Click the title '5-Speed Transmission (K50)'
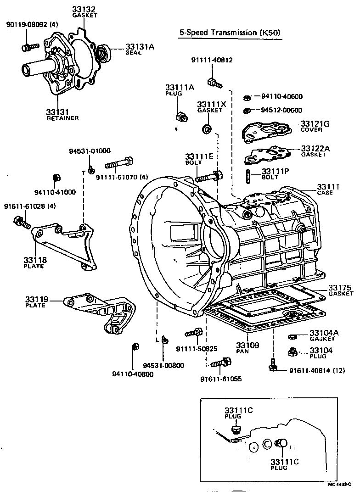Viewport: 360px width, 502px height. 230,32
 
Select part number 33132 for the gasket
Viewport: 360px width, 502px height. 84,9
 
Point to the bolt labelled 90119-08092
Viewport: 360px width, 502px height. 30,47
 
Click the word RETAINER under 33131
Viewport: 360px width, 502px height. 62,118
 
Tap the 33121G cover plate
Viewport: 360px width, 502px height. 267,132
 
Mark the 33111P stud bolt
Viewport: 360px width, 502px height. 248,176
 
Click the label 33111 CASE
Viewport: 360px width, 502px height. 328,189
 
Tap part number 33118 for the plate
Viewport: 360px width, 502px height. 34,260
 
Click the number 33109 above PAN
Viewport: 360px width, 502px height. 247,345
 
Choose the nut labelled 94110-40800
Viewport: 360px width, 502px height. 136,347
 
